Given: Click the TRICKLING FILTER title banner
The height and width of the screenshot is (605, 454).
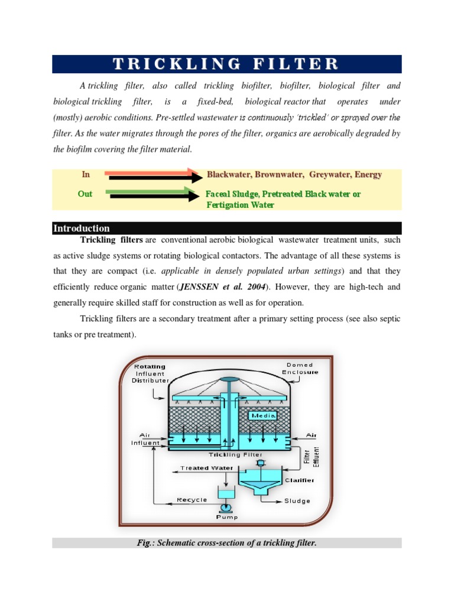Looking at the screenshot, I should (226, 64).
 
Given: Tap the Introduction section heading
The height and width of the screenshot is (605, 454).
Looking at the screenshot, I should (82, 228).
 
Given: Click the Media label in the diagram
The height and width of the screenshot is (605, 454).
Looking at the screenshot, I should (260, 416).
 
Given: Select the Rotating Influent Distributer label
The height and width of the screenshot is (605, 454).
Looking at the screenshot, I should (150, 373).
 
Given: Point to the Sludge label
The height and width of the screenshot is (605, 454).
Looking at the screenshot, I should (297, 501).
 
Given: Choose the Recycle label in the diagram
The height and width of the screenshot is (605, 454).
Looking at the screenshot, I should (192, 500).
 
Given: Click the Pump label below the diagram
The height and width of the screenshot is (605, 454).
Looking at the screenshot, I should (226, 518).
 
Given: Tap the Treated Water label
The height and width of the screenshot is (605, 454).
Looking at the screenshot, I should (203, 468).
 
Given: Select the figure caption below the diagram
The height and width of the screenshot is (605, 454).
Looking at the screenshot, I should (226, 542).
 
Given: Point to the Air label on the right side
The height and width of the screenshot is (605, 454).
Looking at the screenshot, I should (311, 435).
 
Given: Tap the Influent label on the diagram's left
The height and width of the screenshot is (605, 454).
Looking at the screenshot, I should (145, 443).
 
